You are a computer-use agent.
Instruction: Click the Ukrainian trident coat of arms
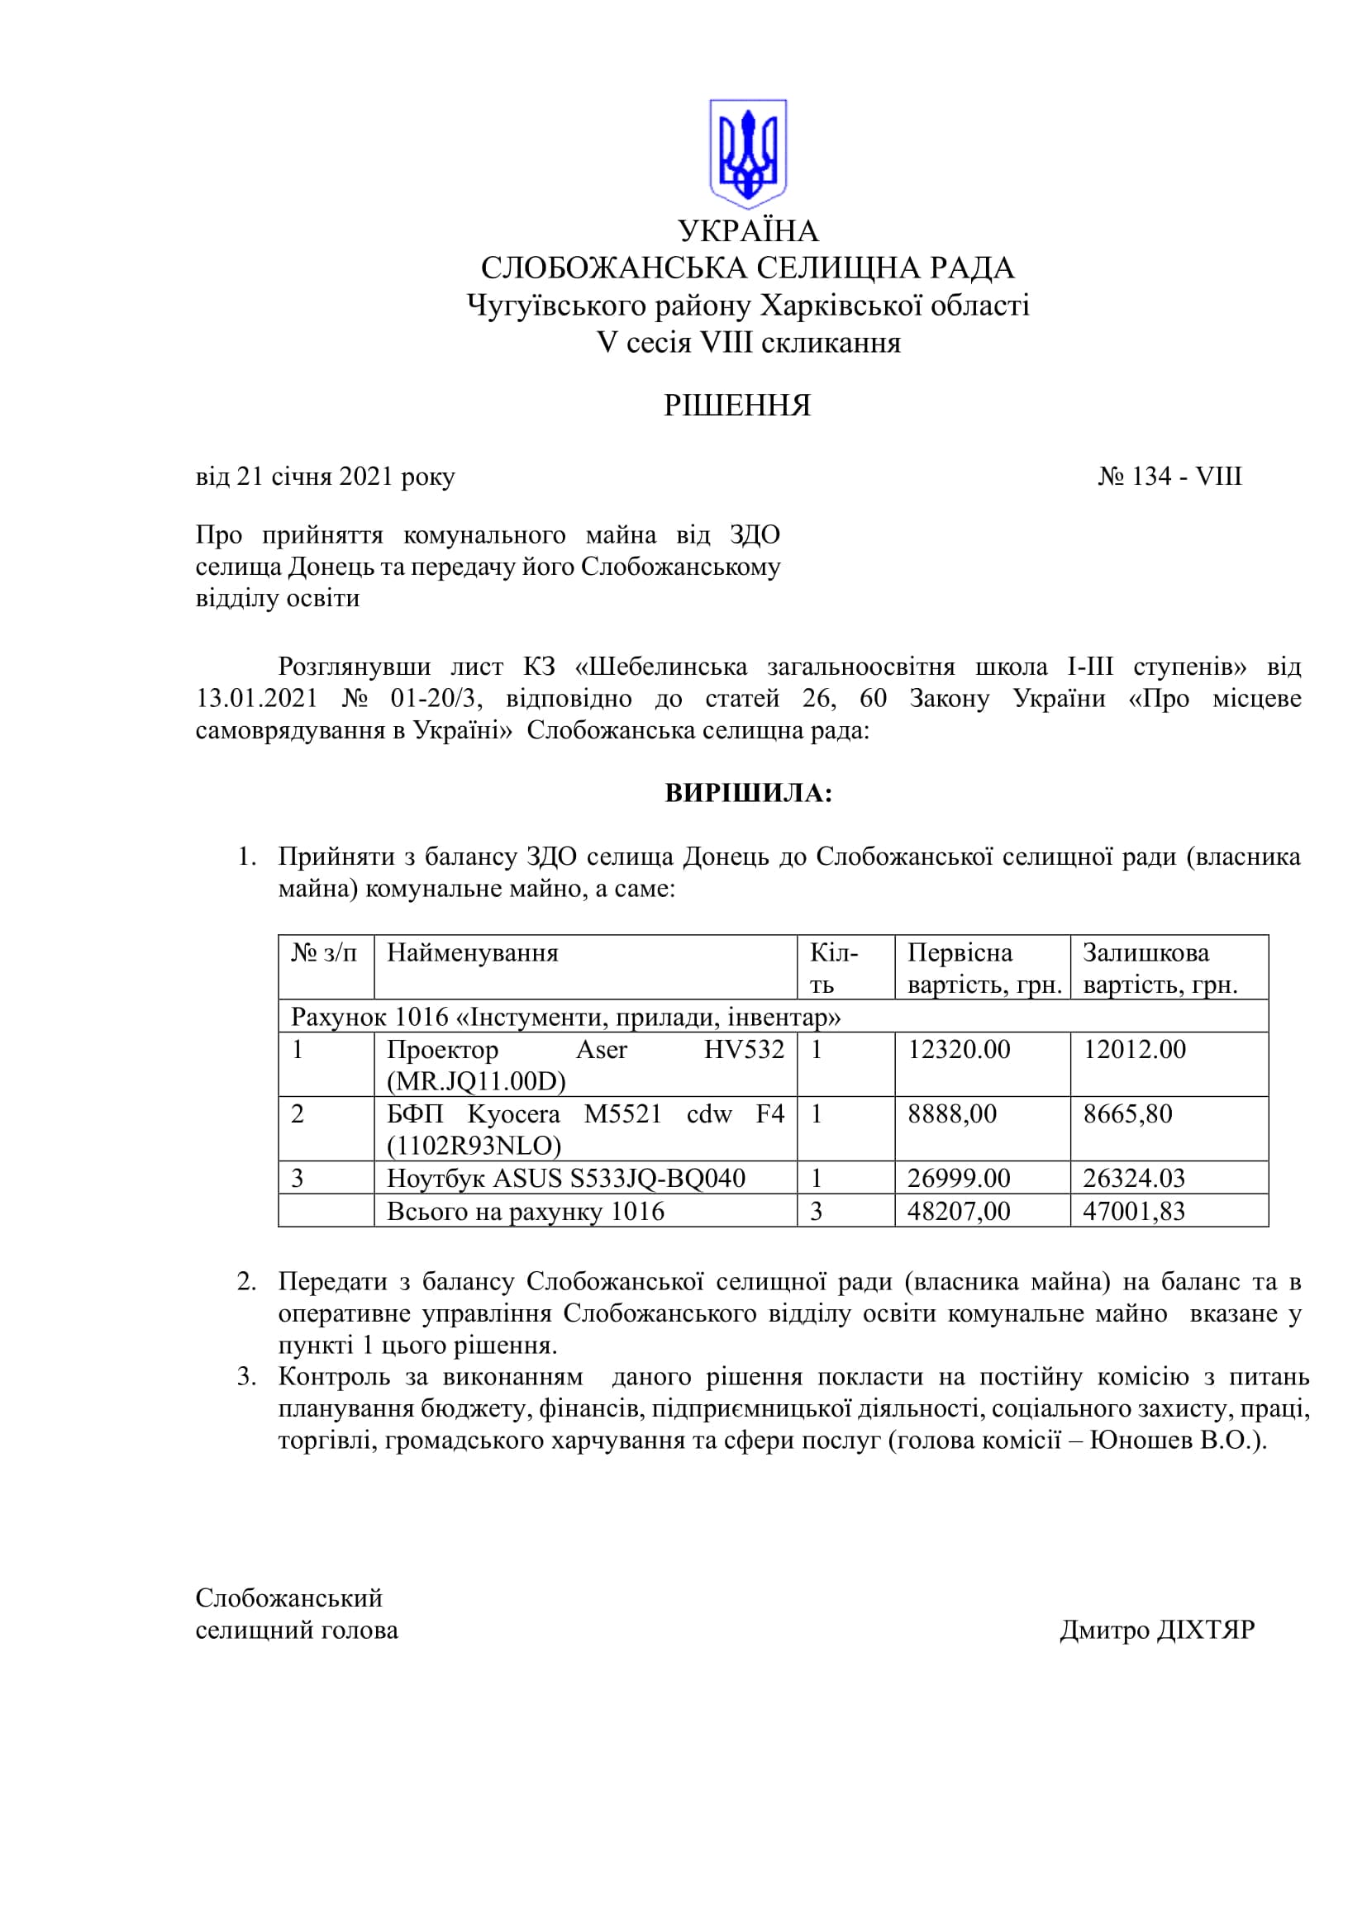pyautogui.click(x=747, y=154)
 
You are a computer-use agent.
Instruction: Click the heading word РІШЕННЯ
pyautogui.click(x=736, y=406)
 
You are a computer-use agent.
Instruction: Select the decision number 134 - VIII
pyautogui.click(x=1170, y=477)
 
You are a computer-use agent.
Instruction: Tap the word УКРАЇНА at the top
pyautogui.click(x=748, y=230)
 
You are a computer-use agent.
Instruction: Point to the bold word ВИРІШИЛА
pyautogui.click(x=748, y=793)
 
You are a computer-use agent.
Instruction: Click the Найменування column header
pyautogui.click(x=472, y=952)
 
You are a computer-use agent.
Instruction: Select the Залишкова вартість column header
pyautogui.click(x=1159, y=968)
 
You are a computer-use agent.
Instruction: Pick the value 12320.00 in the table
pyautogui.click(x=959, y=1049)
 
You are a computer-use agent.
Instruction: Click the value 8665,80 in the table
pyautogui.click(x=1127, y=1114)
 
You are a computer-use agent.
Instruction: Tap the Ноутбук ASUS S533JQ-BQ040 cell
pyautogui.click(x=565, y=1178)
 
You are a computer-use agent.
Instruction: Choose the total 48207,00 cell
pyautogui.click(x=958, y=1211)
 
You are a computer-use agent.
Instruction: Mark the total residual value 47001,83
pyautogui.click(x=1133, y=1211)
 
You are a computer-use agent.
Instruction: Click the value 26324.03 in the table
pyautogui.click(x=1133, y=1178)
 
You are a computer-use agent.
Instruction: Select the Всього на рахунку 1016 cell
pyautogui.click(x=526, y=1211)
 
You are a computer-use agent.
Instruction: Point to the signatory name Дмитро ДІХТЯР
pyautogui.click(x=1156, y=1630)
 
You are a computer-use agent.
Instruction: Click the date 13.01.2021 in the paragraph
pyautogui.click(x=257, y=699)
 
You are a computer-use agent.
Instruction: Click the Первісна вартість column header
pyautogui.click(x=984, y=968)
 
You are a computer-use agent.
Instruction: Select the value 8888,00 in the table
pyautogui.click(x=952, y=1114)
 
